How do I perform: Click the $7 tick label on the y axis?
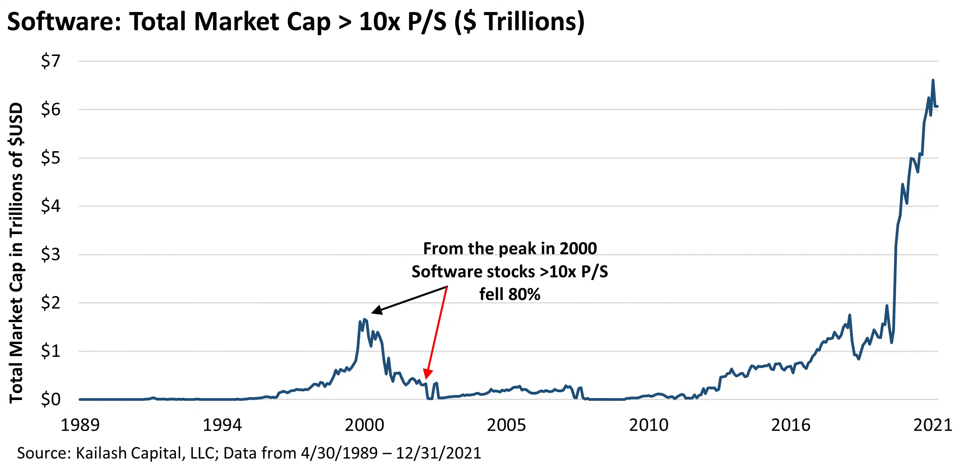tap(50, 61)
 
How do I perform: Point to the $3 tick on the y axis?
tap(50, 254)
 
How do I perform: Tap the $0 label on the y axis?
tap(50, 399)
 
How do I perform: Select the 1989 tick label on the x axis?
tap(80, 425)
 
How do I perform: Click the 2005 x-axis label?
tap(506, 425)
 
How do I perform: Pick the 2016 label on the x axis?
tap(790, 425)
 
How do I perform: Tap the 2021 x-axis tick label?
tap(932, 425)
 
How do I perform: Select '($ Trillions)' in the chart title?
tap(519, 22)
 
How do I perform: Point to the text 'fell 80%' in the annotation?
tap(510, 294)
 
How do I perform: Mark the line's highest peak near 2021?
tap(933, 80)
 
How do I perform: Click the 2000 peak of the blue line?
tap(365, 319)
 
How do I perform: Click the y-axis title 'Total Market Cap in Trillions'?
tap(16, 252)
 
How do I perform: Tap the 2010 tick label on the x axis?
tap(648, 425)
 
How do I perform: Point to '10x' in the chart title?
tap(379, 22)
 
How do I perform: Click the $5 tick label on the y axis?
tap(50, 158)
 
